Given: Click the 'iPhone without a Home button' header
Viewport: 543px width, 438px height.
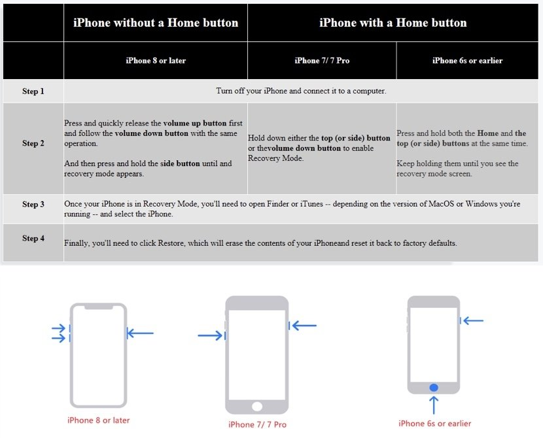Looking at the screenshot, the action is coord(156,23).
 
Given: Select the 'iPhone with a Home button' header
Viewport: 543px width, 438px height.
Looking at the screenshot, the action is coord(393,23).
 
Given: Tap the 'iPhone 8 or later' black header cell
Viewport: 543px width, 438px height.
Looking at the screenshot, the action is coord(156,61).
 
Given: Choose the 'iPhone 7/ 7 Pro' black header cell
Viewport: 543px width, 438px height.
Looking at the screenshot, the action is coord(322,61).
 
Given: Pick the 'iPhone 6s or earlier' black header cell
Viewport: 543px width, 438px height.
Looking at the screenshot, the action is coord(467,61).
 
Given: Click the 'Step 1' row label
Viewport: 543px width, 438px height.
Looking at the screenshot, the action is coord(33,92).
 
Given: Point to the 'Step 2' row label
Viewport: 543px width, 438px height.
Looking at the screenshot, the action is coord(33,143).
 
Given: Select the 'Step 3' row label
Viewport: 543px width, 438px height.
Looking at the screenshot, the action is coord(33,204).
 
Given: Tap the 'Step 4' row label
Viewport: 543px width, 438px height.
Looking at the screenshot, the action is coord(33,239).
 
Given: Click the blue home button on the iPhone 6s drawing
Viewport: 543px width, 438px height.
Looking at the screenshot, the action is coord(434,388).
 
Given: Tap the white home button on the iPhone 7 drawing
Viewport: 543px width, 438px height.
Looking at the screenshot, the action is coord(257,406).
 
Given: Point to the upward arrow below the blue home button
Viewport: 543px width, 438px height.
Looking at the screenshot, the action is coord(434,405).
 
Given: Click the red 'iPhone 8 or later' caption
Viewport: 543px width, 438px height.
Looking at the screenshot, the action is coord(98,420).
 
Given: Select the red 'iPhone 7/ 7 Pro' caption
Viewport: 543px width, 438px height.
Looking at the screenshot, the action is coord(257,424).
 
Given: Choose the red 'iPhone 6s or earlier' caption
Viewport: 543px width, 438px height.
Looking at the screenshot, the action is coord(434,424).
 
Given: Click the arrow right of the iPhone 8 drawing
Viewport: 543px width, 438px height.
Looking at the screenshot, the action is coord(140,333).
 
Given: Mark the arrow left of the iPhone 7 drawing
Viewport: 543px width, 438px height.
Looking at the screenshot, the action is coord(211,335).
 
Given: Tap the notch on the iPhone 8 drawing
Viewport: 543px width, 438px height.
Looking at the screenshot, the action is coord(99,307).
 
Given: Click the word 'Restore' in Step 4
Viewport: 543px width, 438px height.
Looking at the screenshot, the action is coord(171,243).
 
